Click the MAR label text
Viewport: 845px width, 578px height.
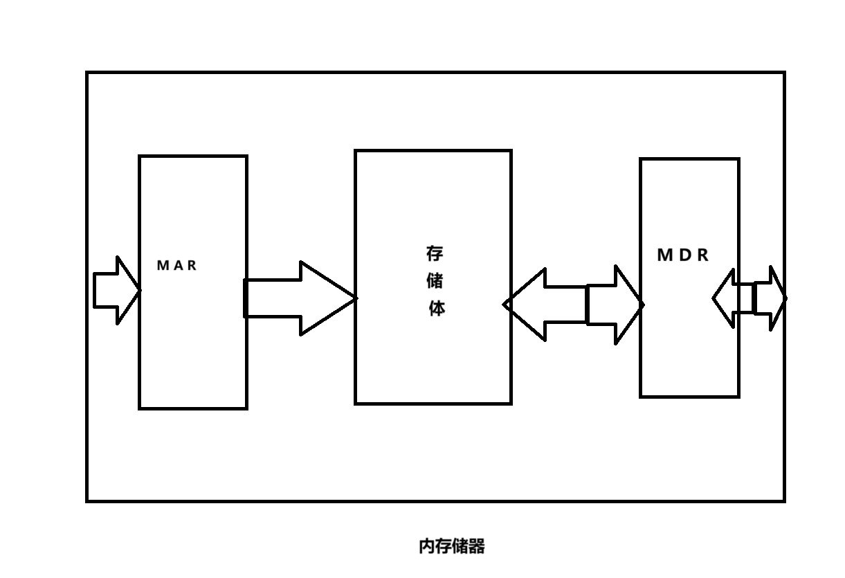(x=176, y=265)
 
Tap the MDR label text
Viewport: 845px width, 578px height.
(x=682, y=255)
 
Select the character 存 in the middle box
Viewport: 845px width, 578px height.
(x=435, y=253)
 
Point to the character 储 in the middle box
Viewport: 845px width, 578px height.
(x=435, y=281)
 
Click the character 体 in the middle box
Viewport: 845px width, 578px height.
(x=436, y=308)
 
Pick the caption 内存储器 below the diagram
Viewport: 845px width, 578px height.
(x=452, y=546)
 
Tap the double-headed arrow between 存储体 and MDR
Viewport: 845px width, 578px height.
(x=574, y=305)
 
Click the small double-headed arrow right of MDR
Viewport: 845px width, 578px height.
(x=749, y=299)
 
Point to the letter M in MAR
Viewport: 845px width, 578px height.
(x=163, y=265)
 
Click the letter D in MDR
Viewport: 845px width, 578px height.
(x=682, y=255)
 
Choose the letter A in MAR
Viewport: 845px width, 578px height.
(x=176, y=265)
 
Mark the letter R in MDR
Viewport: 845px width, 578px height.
(x=702, y=255)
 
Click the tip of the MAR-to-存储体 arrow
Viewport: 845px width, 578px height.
(x=352, y=298)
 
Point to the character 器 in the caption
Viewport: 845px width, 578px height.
(x=477, y=546)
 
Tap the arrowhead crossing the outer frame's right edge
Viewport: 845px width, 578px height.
(x=778, y=299)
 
